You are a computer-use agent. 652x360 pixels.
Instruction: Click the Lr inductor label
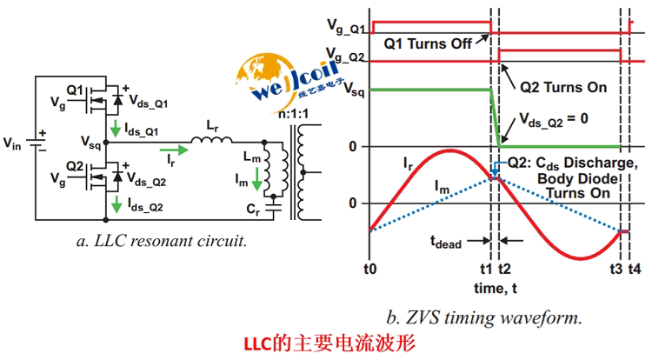(213, 126)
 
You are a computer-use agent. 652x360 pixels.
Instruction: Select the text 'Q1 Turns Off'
(420, 41)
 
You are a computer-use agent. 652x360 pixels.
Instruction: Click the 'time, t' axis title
(490, 286)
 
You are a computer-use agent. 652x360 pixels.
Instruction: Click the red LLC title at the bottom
(329, 343)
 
